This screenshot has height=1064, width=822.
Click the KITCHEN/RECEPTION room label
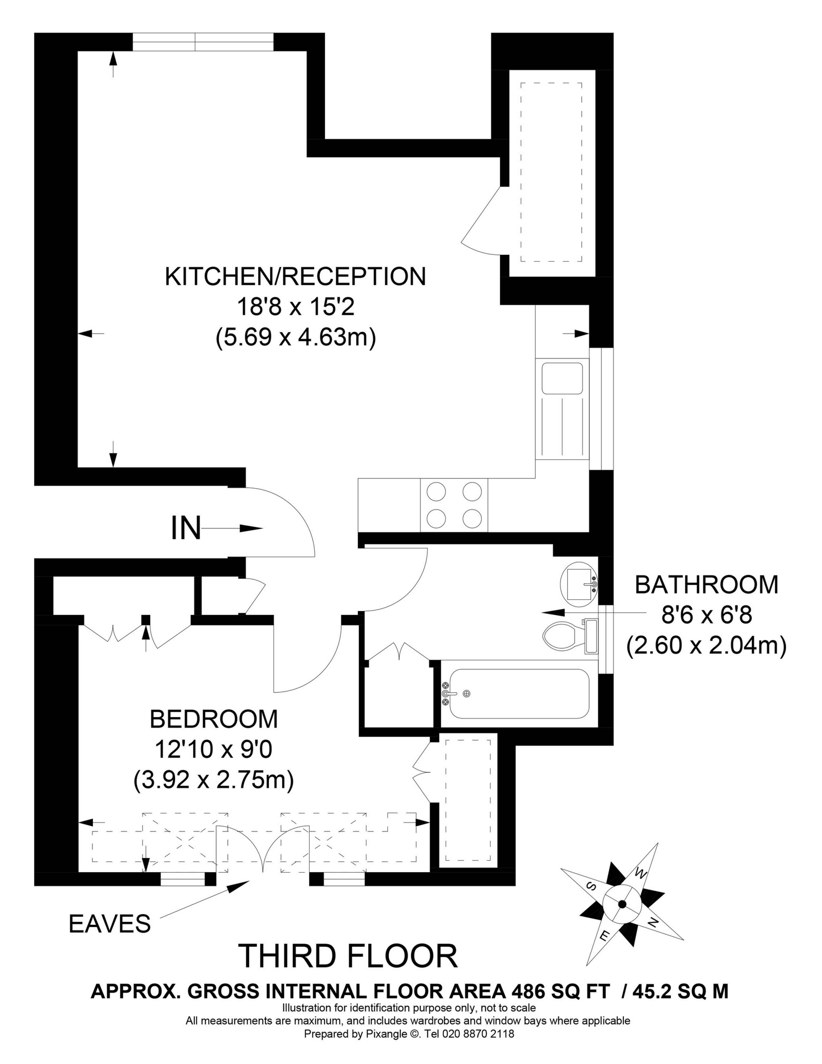[x=295, y=276]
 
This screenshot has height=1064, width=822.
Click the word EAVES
[x=110, y=924]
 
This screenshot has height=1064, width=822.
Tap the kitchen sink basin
[x=562, y=378]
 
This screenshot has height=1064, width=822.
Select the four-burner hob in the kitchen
[x=454, y=505]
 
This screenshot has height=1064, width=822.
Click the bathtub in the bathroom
[x=519, y=694]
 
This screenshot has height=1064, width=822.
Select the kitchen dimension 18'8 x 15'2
[x=296, y=307]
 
